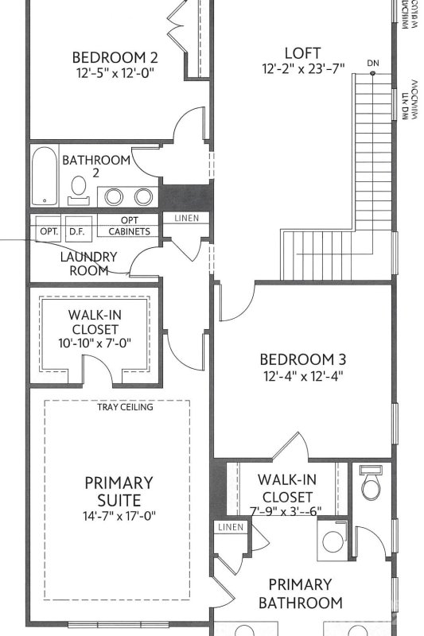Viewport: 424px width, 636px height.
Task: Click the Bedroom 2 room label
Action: pos(115,57)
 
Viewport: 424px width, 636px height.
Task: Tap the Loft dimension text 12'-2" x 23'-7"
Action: pos(302,68)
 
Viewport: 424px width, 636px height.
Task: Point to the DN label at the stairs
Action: pos(373,62)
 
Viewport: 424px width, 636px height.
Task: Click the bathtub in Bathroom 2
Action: pos(44,175)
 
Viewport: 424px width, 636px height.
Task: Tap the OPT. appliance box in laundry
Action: pos(49,231)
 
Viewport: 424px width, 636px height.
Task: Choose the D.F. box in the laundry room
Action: pos(77,231)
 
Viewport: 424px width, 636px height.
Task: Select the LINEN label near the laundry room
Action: pos(186,218)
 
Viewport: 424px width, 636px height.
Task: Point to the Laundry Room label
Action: pos(88,264)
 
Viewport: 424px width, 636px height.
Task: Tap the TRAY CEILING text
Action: pos(125,407)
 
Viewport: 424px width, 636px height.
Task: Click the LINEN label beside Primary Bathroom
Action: pos(229,527)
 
